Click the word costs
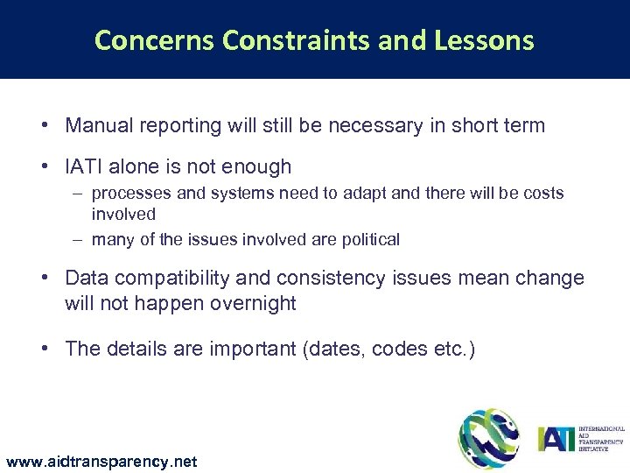[x=542, y=193]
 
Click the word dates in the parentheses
[x=333, y=349]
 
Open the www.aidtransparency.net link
[x=101, y=461]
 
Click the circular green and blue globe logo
[x=488, y=437]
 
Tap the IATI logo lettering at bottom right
[x=557, y=437]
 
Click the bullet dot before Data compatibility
[x=43, y=279]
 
